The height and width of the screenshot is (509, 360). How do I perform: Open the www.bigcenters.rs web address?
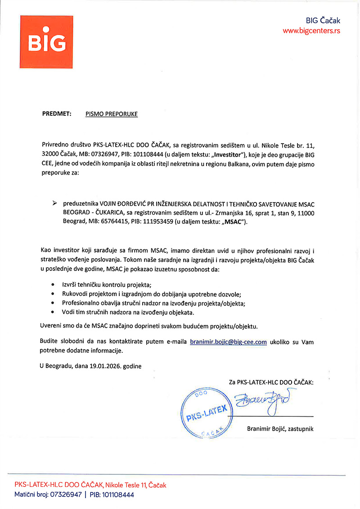pos(311,31)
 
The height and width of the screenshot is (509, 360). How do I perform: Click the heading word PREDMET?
pos(57,114)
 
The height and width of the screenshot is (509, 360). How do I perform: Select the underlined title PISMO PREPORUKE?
pos(112,114)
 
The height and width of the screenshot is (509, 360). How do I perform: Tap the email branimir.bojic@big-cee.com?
pos(228,342)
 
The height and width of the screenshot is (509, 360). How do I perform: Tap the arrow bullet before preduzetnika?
pos(55,203)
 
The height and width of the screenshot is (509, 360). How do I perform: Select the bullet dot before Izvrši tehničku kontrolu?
pos(53,285)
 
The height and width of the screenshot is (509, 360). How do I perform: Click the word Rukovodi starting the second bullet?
pos(74,294)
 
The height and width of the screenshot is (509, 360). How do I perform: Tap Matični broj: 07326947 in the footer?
pos(48,495)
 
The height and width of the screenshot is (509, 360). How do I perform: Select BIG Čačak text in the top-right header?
pos(323,21)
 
